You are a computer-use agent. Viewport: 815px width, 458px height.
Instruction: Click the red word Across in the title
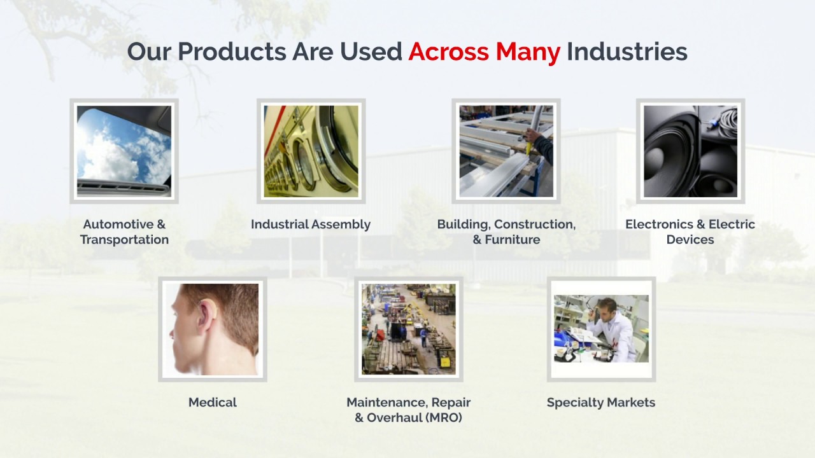click(449, 52)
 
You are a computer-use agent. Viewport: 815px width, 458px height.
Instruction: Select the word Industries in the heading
click(627, 52)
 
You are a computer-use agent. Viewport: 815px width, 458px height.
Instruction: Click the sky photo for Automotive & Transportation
click(124, 151)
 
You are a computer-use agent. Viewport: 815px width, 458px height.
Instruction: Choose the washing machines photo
click(311, 151)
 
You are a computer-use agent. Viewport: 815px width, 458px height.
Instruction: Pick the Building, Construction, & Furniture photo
click(506, 151)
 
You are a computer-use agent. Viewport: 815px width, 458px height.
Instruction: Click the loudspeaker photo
click(690, 151)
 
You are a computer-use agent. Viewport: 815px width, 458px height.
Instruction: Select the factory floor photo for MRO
click(408, 329)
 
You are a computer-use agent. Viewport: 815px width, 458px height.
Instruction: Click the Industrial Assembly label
click(310, 225)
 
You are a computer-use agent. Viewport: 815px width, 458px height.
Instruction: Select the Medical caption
click(212, 403)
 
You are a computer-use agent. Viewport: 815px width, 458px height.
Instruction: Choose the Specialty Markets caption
click(600, 403)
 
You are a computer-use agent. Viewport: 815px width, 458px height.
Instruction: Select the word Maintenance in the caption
click(386, 403)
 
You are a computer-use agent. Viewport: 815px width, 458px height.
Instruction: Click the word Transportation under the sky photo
click(124, 240)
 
